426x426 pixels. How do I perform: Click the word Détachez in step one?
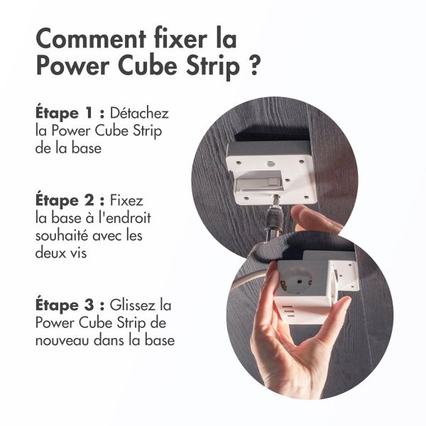(x=139, y=114)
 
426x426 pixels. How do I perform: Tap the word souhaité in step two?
(x=60, y=235)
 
